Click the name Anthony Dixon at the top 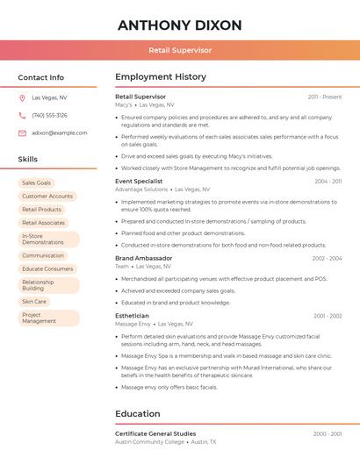point(179,25)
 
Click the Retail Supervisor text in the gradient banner point(179,51)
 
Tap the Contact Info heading point(41,77)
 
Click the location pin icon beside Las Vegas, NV point(22,98)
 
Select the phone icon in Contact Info point(22,116)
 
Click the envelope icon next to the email point(22,133)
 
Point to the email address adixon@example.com point(59,133)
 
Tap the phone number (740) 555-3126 point(49,116)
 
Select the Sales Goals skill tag point(36,182)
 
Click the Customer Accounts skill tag point(47,197)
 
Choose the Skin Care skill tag point(34,301)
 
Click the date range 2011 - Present point(325,97)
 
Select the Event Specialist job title point(139,182)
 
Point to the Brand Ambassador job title point(143,259)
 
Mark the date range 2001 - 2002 point(328,316)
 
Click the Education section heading point(138,414)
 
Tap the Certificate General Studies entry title point(155,433)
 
